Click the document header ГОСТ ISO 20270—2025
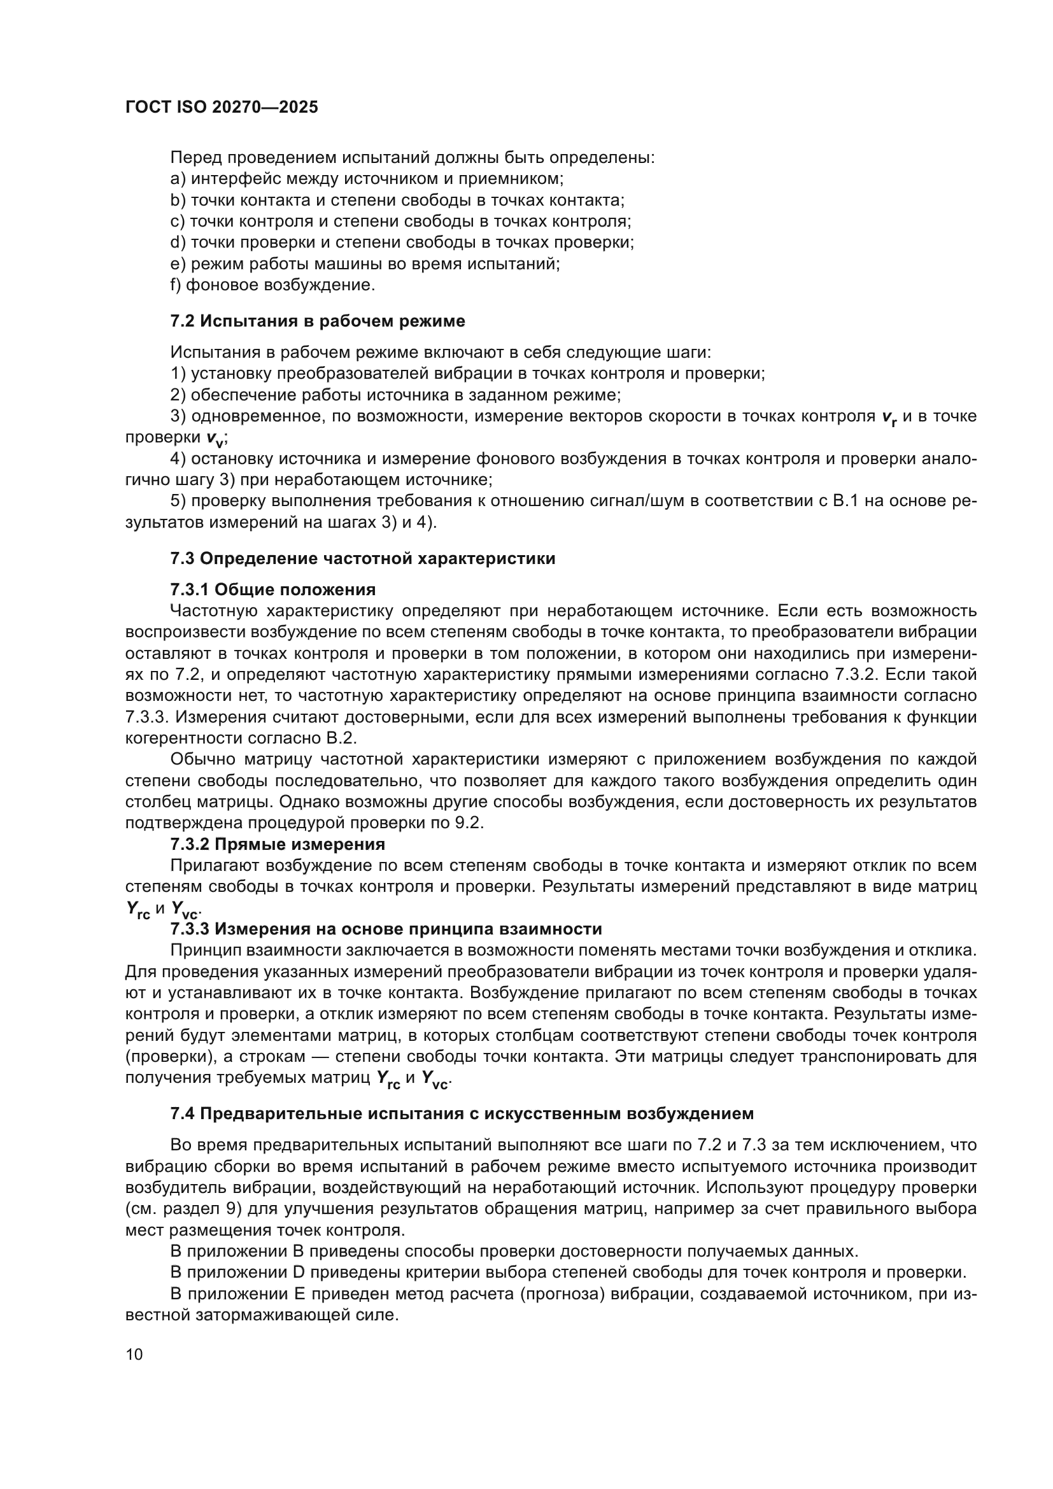222,108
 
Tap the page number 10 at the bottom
134,1354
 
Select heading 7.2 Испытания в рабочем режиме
318,321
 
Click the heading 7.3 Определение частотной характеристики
362,558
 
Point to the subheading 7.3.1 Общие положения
273,589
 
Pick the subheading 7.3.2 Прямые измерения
278,843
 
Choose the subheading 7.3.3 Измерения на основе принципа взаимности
386,929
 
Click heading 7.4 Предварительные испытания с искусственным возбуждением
462,1113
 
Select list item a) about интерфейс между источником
367,178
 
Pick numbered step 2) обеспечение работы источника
395,395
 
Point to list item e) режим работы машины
365,264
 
